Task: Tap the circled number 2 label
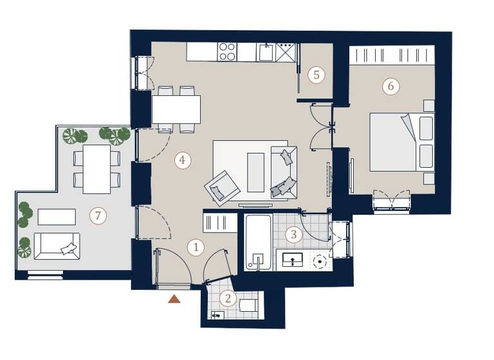tap(227, 298)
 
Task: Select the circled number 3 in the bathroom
tap(293, 235)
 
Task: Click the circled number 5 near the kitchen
tap(315, 75)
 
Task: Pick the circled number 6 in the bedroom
tap(390, 86)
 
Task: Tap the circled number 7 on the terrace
tap(98, 216)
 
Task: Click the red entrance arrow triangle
tap(174, 298)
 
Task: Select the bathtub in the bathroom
tap(258, 242)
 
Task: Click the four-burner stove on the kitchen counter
tap(227, 51)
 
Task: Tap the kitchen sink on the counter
tap(266, 52)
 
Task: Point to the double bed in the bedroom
tap(400, 142)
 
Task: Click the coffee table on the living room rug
tap(255, 172)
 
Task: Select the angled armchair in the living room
tap(222, 187)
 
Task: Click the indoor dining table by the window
tap(176, 109)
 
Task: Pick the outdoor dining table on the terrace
tap(96, 168)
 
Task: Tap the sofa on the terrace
tap(57, 246)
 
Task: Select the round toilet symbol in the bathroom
tap(319, 262)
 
